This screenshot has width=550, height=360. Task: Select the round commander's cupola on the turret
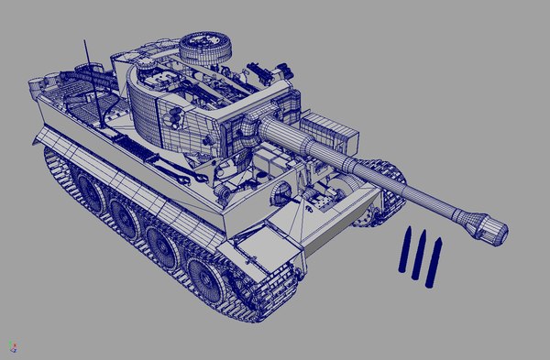click(207, 46)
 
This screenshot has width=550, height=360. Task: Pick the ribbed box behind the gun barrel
click(326, 131)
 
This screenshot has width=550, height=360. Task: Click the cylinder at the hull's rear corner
click(34, 88)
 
